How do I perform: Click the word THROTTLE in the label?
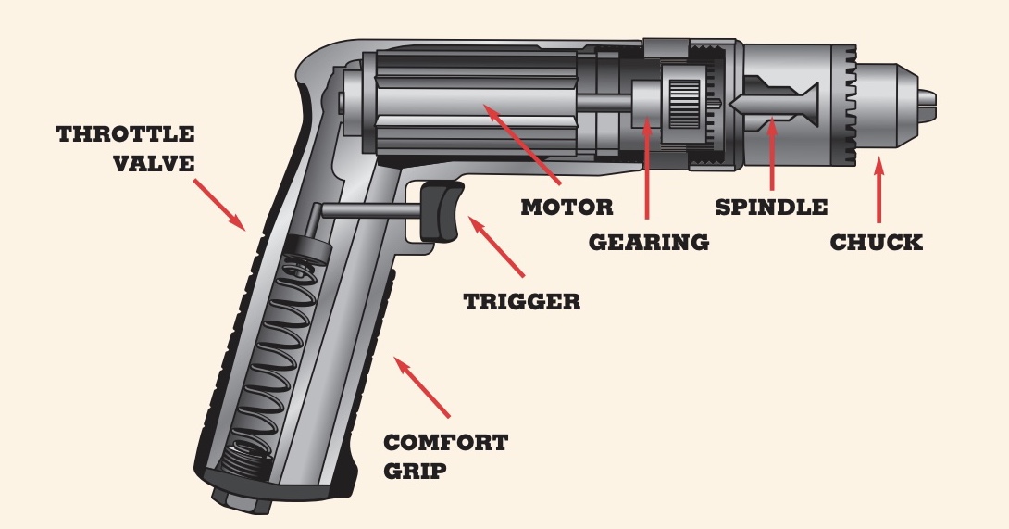pos(126,134)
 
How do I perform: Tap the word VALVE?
pos(154,163)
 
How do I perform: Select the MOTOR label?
pos(567,208)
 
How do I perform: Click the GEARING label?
pos(649,243)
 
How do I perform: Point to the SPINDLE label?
pos(771,208)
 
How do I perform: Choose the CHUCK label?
pos(877,243)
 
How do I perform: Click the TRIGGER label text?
pos(522,301)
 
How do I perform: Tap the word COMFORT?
pos(446,443)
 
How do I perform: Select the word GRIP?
pos(415,471)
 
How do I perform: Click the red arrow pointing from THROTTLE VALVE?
pos(219,204)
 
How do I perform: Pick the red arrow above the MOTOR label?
pos(522,143)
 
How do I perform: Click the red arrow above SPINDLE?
pos(772,153)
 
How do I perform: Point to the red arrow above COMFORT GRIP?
pos(422,387)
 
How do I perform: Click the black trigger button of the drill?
pos(442,211)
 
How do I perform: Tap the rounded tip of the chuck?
pos(927,107)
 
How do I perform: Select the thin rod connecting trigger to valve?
pos(371,210)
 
